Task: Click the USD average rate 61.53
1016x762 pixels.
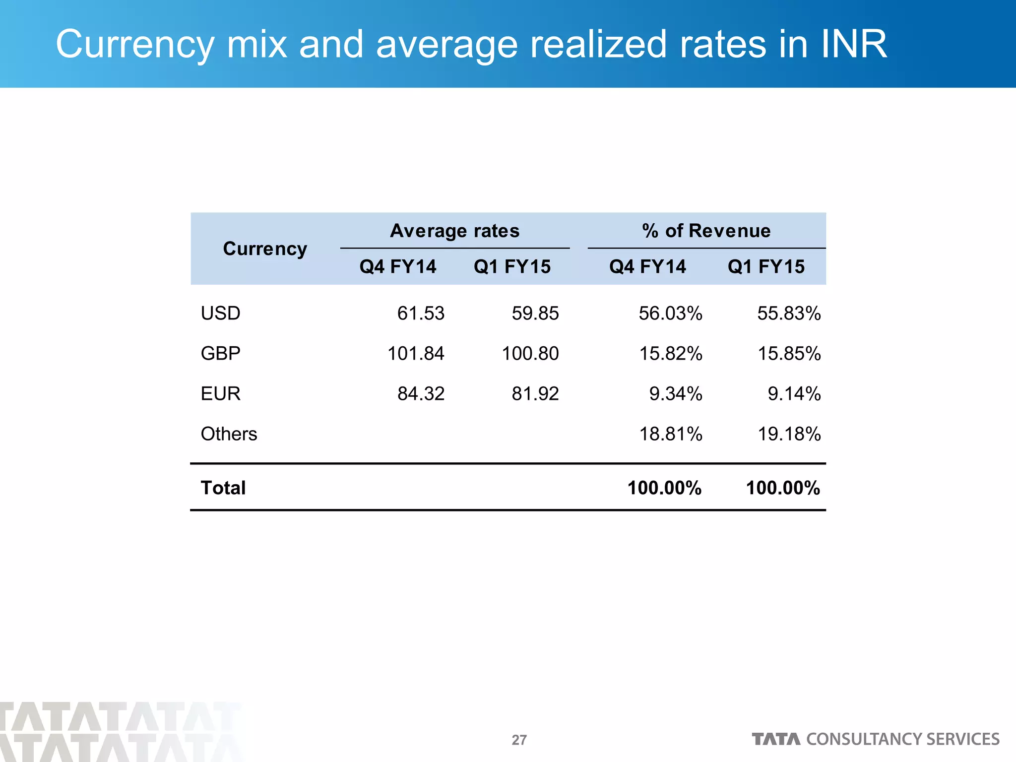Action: click(x=421, y=314)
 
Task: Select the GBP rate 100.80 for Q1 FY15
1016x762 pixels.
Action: click(x=530, y=354)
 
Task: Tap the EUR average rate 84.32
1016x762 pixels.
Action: click(x=421, y=394)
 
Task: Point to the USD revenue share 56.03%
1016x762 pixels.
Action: click(x=670, y=314)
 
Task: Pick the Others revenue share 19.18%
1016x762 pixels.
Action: click(x=789, y=434)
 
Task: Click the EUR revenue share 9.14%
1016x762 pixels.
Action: click(x=794, y=394)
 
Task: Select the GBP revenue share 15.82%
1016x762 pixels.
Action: click(x=670, y=354)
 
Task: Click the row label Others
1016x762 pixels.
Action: click(x=229, y=434)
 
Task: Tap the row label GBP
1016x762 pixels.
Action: click(x=220, y=354)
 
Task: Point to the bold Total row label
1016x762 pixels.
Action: click(x=223, y=488)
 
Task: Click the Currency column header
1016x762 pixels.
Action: click(x=265, y=249)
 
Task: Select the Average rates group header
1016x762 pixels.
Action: click(x=454, y=231)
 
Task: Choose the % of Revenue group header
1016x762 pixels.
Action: click(x=706, y=231)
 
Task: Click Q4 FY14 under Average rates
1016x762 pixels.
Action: click(x=398, y=267)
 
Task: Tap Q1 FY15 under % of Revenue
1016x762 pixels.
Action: click(x=766, y=267)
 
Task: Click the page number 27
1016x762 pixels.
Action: click(x=519, y=740)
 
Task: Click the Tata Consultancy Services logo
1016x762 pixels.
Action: click(x=876, y=739)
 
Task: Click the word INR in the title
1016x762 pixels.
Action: click(x=853, y=44)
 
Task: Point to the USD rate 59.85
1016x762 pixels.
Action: click(x=535, y=314)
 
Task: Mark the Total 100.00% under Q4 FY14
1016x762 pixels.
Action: click(x=664, y=488)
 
